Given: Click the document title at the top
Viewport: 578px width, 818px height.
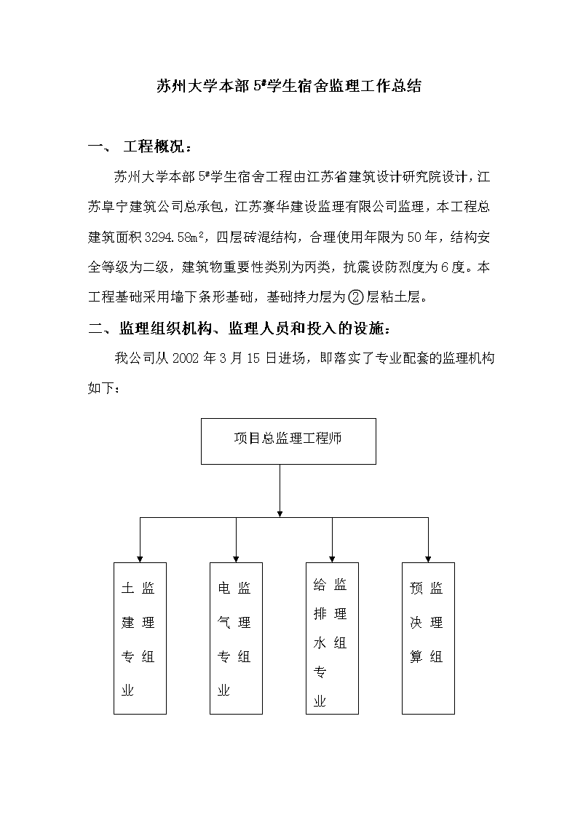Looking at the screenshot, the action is pos(289,86).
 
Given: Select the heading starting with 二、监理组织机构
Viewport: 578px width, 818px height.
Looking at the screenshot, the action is pos(239,328).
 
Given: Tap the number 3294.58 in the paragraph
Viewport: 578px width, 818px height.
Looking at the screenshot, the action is pos(168,237).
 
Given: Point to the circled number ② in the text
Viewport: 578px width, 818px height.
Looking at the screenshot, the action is pos(355,297).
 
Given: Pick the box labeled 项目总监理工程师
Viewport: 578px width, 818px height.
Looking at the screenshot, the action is pos(288,441).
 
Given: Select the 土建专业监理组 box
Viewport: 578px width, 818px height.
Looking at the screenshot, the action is pos(140,638).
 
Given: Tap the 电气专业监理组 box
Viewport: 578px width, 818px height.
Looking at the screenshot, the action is pos(236,638).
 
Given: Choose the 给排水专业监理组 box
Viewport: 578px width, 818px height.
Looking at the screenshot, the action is pos(332,638).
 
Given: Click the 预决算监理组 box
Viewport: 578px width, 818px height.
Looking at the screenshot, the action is pos(428,638).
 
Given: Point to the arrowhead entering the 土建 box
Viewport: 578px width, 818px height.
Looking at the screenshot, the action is pos(140,559).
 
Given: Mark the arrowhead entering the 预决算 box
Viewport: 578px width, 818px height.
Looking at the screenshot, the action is pos(428,559).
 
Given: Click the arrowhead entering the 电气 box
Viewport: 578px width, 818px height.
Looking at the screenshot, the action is pos(236,559).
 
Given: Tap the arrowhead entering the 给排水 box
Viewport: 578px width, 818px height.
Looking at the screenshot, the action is pos(332,559).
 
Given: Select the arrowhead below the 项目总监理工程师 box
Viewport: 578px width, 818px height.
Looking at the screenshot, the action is pos(280,514).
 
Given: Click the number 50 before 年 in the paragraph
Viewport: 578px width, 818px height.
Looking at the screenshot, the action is pos(414,237).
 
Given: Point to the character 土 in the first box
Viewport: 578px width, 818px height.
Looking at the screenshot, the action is pos(127,589).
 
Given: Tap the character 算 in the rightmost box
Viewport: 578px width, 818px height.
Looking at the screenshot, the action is pos(416,657).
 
